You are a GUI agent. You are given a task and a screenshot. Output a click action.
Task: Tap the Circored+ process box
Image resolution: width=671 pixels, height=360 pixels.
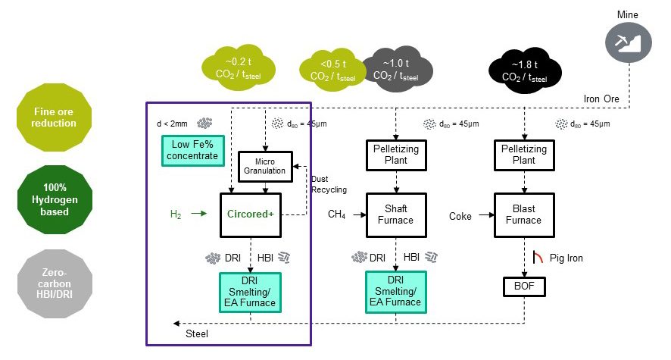[250, 214]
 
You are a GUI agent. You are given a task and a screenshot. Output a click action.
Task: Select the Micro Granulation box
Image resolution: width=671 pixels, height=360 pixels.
[264, 166]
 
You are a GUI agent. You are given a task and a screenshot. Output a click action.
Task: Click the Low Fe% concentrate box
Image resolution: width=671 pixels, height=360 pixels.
[190, 150]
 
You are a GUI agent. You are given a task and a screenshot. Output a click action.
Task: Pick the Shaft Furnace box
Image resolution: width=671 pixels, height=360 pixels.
[396, 214]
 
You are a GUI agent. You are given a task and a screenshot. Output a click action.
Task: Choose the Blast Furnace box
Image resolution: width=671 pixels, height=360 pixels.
[524, 214]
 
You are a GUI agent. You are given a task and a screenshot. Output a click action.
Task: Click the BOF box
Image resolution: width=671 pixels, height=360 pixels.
[524, 287]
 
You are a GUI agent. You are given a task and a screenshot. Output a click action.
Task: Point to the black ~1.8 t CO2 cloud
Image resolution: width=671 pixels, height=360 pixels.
[527, 70]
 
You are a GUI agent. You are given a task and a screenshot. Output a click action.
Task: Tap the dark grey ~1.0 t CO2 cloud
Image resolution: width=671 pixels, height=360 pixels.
[398, 70]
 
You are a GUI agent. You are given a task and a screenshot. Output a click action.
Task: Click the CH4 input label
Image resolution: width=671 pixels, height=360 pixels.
[336, 215]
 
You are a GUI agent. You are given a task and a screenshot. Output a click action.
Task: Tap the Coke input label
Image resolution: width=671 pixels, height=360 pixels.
[460, 216]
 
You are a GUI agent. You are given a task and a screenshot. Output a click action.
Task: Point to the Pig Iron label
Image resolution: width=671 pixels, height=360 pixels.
[567, 258]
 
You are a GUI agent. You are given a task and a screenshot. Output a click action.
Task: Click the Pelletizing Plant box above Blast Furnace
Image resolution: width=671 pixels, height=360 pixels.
[524, 155]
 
